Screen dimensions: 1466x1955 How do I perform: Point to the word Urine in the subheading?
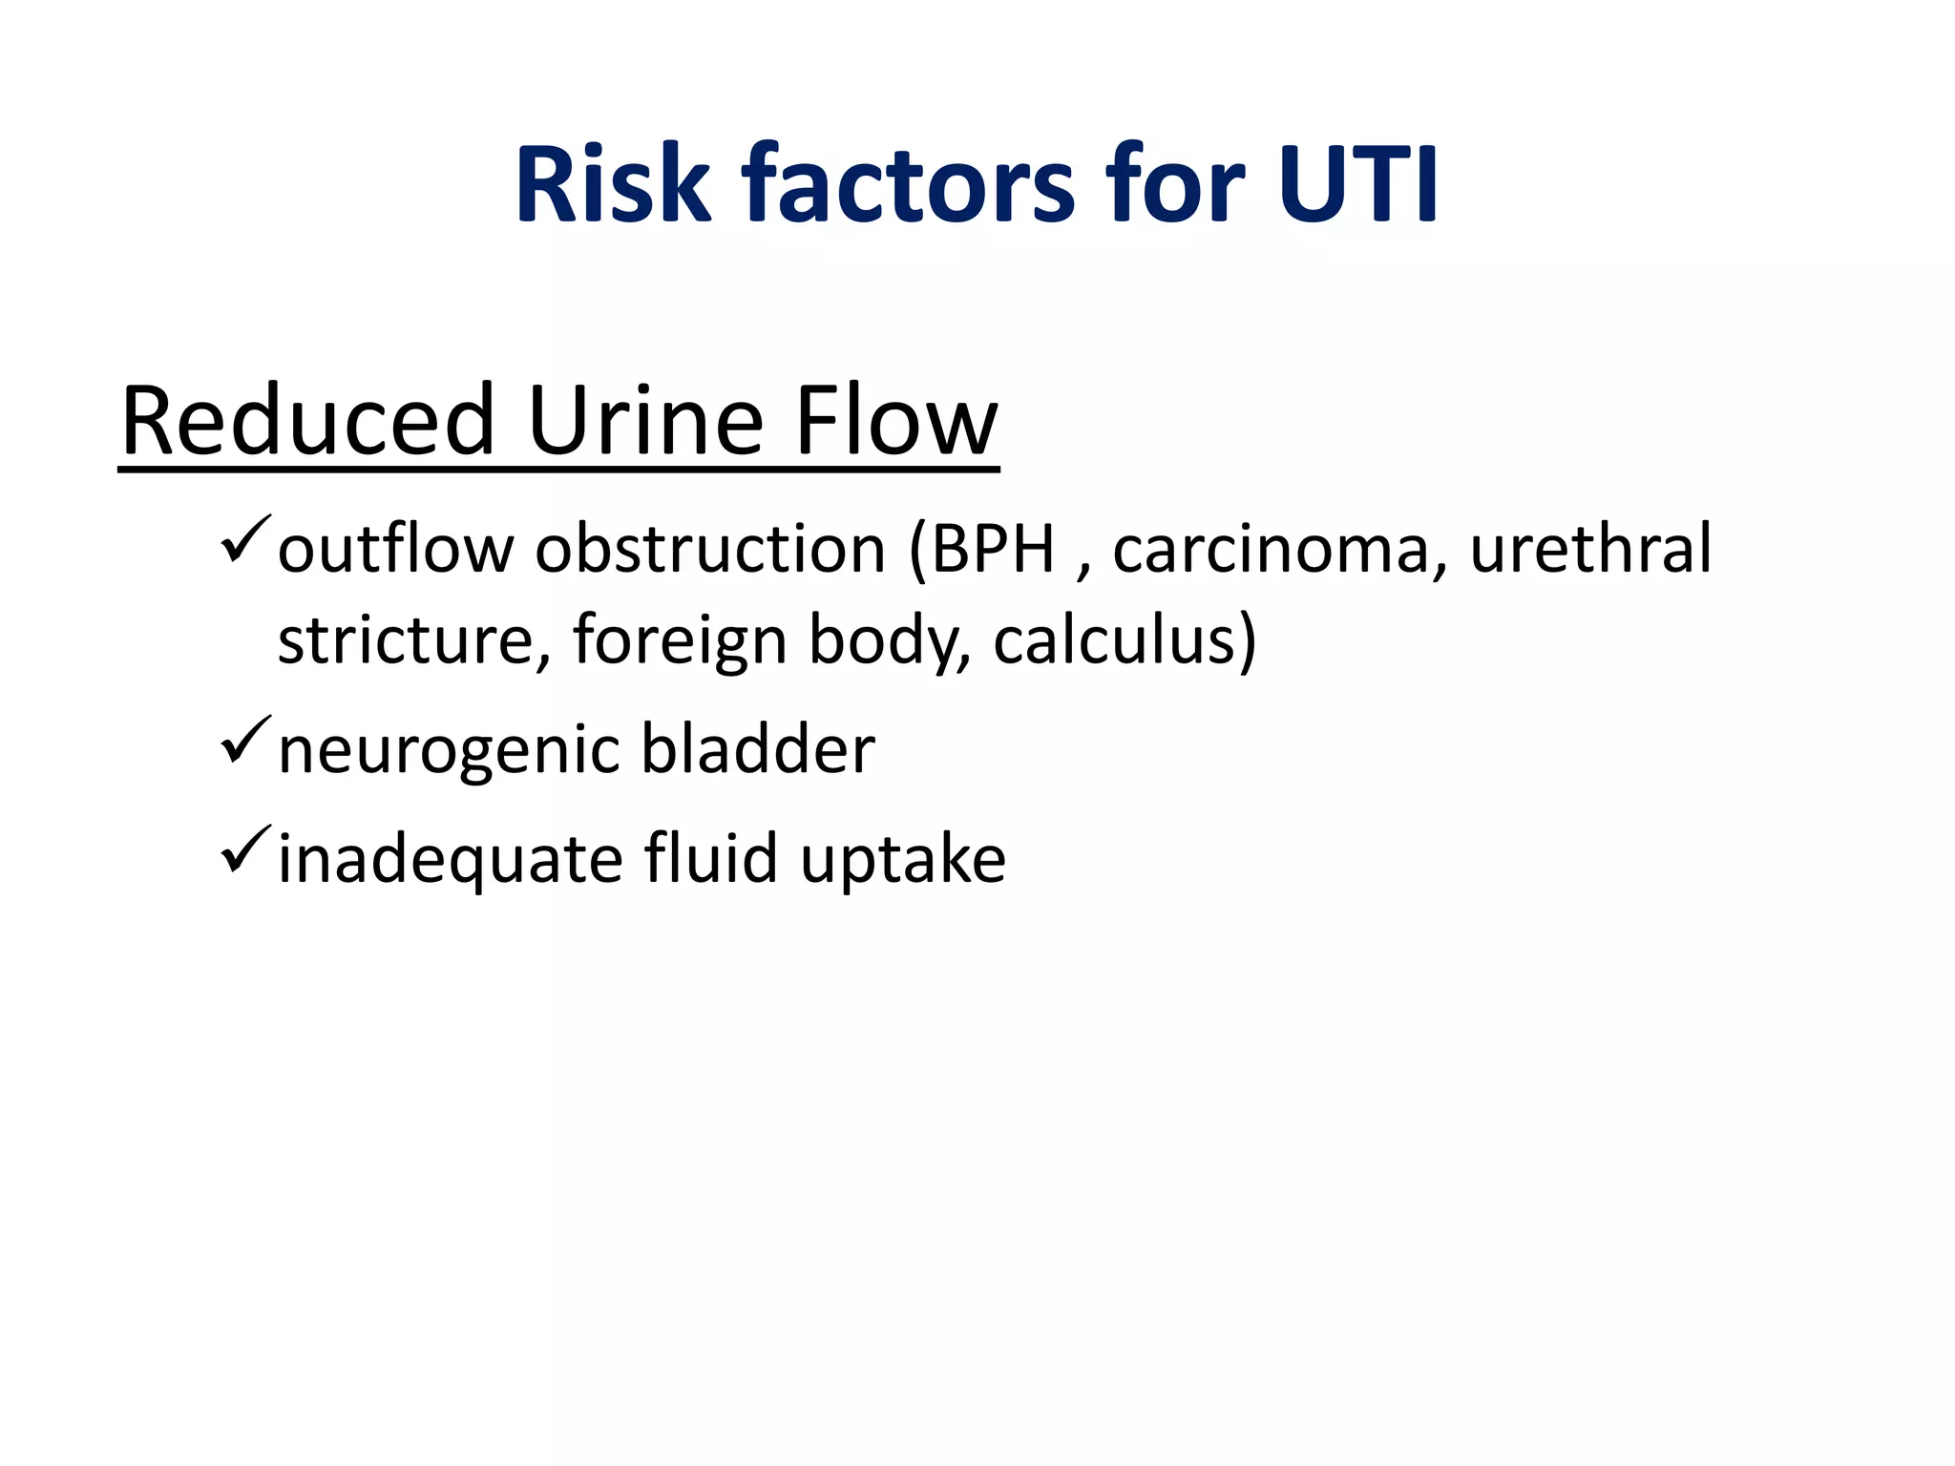(x=645, y=421)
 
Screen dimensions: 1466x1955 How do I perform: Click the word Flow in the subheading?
(x=896, y=421)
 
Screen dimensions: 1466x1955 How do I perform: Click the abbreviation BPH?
(x=993, y=550)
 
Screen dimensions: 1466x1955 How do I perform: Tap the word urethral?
(x=1590, y=550)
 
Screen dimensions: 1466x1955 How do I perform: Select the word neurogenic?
(x=448, y=750)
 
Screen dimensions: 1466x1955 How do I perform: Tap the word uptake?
(x=903, y=860)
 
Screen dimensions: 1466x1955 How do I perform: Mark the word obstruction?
(x=710, y=550)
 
